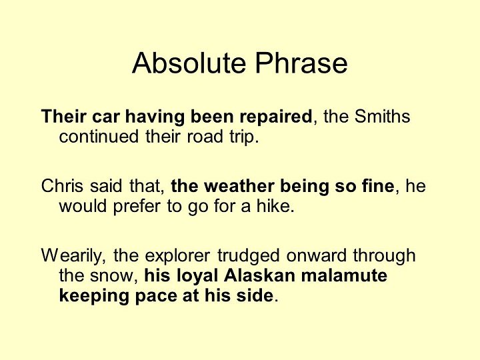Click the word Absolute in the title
tap(191, 63)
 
